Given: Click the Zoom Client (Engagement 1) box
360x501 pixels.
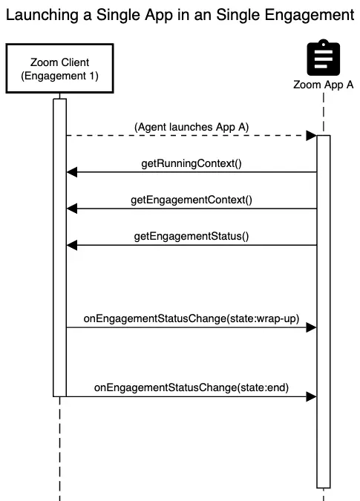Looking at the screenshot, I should (x=59, y=68).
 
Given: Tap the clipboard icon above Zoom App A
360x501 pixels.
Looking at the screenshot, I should (x=324, y=57).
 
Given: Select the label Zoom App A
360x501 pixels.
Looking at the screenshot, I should (x=324, y=85).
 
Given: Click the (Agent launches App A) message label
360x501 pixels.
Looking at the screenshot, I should (x=191, y=127).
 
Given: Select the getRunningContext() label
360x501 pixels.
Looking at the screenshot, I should (x=191, y=163).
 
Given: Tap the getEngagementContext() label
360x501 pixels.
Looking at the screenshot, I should (x=191, y=199).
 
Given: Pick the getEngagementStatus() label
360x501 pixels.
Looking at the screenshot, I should (x=191, y=236).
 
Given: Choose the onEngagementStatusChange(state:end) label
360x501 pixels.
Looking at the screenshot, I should (x=191, y=387).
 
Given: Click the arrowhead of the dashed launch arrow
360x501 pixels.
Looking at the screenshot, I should (x=312, y=136).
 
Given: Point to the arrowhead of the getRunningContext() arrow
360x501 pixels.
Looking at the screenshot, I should (x=71, y=172).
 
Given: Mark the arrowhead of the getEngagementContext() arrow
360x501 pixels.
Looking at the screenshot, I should (x=71, y=209).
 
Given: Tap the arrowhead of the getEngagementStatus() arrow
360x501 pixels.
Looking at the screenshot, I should (x=71, y=245).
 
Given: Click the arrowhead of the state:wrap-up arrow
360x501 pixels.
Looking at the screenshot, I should (x=312, y=327).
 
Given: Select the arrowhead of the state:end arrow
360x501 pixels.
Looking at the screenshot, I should (x=312, y=396).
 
